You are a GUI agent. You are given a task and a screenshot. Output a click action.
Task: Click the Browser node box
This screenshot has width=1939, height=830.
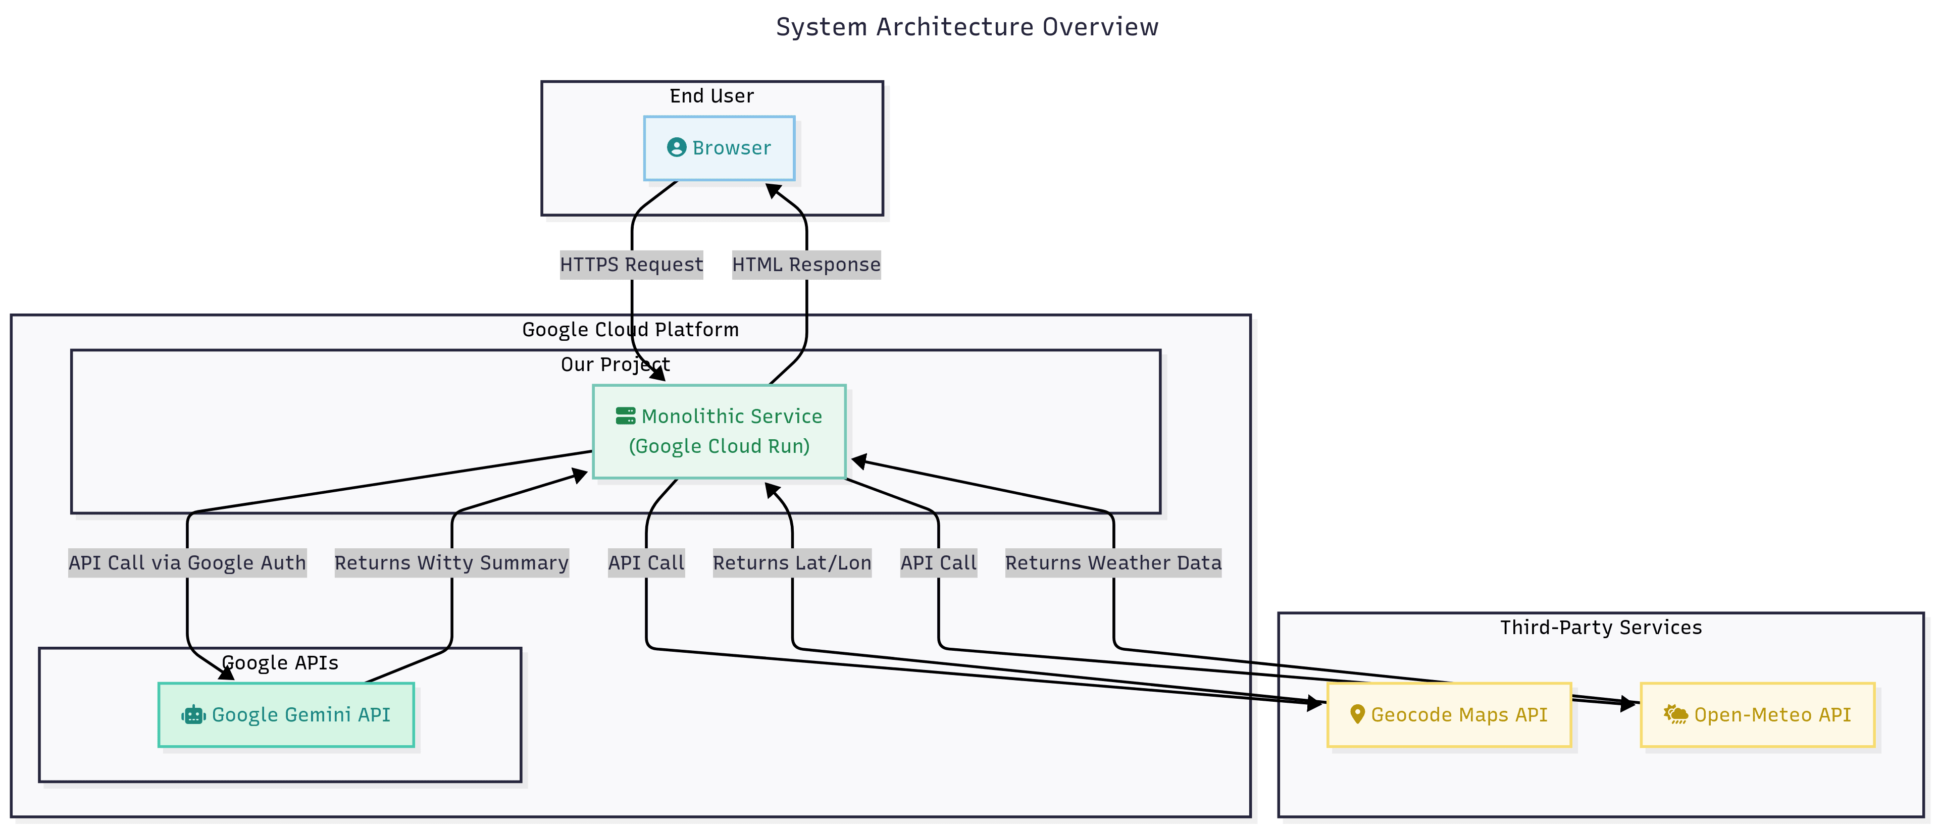(719, 148)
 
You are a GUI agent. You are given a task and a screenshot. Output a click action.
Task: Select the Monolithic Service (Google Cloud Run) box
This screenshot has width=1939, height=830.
(719, 431)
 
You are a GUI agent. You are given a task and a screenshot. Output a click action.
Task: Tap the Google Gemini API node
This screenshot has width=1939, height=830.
(286, 715)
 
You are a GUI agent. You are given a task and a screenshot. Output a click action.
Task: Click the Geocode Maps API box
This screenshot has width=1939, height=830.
(1449, 715)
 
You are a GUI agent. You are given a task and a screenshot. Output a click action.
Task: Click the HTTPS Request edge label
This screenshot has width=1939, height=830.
(631, 265)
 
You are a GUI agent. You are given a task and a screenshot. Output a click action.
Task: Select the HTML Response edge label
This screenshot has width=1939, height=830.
(806, 265)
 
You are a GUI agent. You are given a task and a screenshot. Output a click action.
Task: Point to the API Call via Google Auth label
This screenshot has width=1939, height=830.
(187, 563)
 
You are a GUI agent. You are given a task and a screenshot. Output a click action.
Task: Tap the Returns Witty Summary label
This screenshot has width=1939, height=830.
(451, 563)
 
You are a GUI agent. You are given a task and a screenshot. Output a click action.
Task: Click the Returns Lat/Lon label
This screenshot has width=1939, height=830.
(792, 563)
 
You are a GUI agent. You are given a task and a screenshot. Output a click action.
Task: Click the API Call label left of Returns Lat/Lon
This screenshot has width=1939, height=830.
(646, 563)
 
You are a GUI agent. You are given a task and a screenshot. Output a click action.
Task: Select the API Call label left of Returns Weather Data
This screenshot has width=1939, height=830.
(939, 563)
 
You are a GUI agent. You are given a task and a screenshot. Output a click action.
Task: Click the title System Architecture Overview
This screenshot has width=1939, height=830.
(967, 27)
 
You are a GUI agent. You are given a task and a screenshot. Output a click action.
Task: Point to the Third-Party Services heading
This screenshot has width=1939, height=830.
(1600, 628)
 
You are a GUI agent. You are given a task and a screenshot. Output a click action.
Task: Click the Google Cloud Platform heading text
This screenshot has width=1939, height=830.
(630, 330)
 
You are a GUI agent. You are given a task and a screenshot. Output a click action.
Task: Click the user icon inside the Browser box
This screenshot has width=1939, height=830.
(677, 147)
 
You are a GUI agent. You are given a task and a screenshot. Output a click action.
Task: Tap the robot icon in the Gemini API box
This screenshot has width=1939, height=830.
(193, 715)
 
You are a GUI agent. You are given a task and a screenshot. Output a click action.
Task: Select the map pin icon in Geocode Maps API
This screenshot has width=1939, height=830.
(1357, 714)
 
